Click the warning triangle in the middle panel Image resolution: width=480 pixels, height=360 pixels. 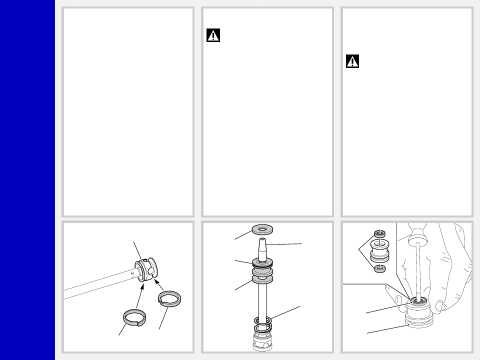click(213, 36)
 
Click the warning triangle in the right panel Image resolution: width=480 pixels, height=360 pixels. click(352, 62)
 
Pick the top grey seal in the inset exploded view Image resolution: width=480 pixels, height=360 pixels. click(379, 233)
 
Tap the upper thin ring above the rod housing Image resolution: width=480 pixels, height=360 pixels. click(262, 320)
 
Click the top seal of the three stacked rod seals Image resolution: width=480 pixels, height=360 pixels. click(262, 261)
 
